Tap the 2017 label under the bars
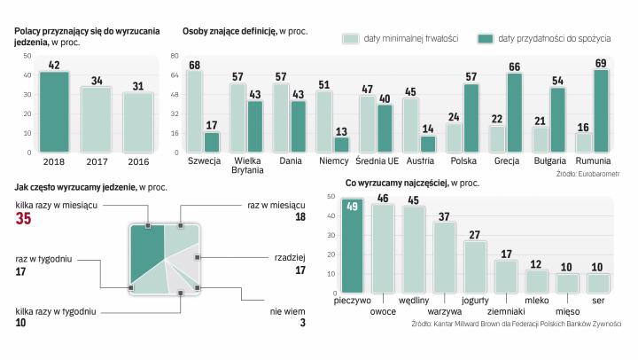96,162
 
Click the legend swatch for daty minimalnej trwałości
349,39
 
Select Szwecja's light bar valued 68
195,111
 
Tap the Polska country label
463,162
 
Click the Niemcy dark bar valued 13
340,144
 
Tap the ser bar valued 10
598,283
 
